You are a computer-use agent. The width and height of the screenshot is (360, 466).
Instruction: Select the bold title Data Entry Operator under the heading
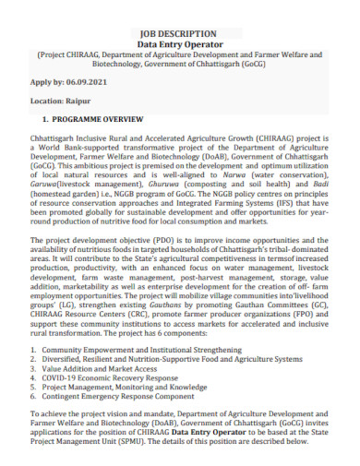point(179,43)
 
